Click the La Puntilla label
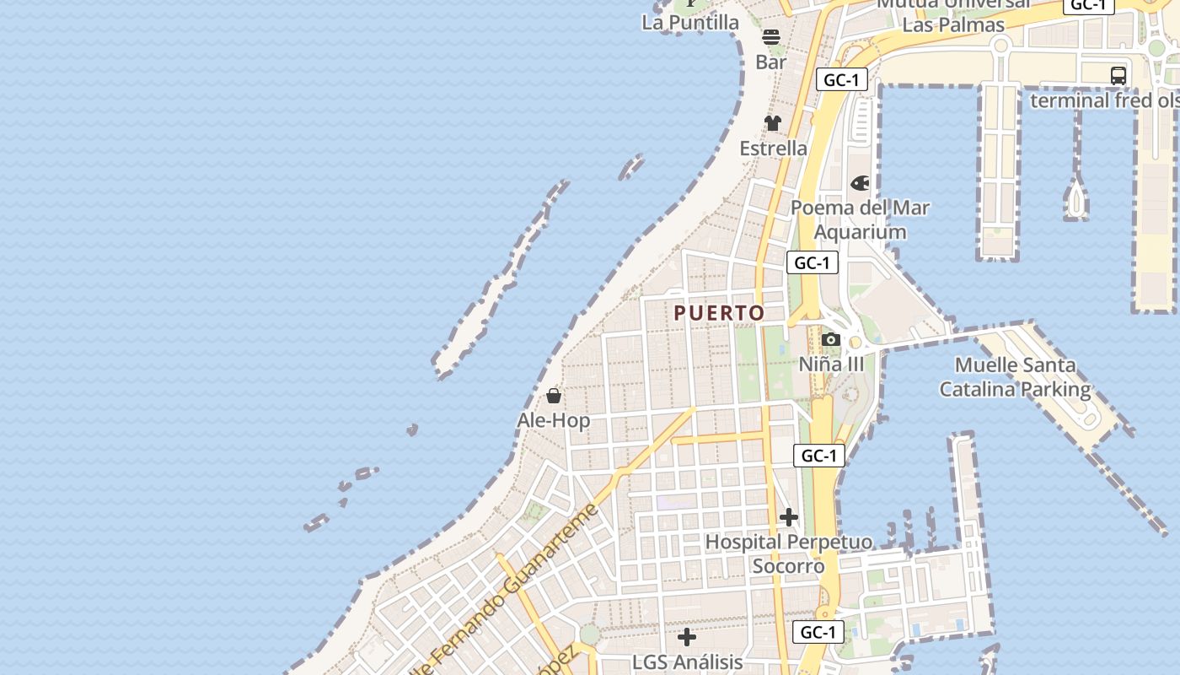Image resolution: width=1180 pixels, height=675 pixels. [x=690, y=23]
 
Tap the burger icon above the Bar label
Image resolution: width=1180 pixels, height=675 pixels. [x=771, y=37]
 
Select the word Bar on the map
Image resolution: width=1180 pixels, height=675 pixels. [x=771, y=62]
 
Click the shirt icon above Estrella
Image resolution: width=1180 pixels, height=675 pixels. [x=773, y=123]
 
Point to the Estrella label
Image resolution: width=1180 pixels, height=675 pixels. [x=773, y=148]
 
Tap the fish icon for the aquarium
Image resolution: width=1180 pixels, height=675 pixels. [x=860, y=183]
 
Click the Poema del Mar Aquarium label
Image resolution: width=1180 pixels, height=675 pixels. [x=860, y=219]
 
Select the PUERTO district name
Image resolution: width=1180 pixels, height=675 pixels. [x=720, y=313]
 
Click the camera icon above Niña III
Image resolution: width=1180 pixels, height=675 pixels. [x=831, y=340]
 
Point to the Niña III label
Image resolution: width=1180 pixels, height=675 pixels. [x=831, y=364]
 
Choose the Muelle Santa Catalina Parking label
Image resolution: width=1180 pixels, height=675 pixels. [x=1015, y=377]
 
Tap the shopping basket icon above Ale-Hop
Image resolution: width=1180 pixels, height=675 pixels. [x=554, y=396]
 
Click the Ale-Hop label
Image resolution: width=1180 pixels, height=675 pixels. [x=554, y=420]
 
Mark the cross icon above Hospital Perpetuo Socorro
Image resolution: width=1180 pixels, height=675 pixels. [x=789, y=517]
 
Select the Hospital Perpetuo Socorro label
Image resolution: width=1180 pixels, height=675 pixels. [x=788, y=553]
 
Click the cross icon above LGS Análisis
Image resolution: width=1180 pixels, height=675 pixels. [x=688, y=637]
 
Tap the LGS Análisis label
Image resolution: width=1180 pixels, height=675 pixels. [x=688, y=662]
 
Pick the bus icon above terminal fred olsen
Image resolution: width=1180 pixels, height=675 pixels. [x=1118, y=75]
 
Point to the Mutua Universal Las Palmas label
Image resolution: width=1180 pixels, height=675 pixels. [x=953, y=13]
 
